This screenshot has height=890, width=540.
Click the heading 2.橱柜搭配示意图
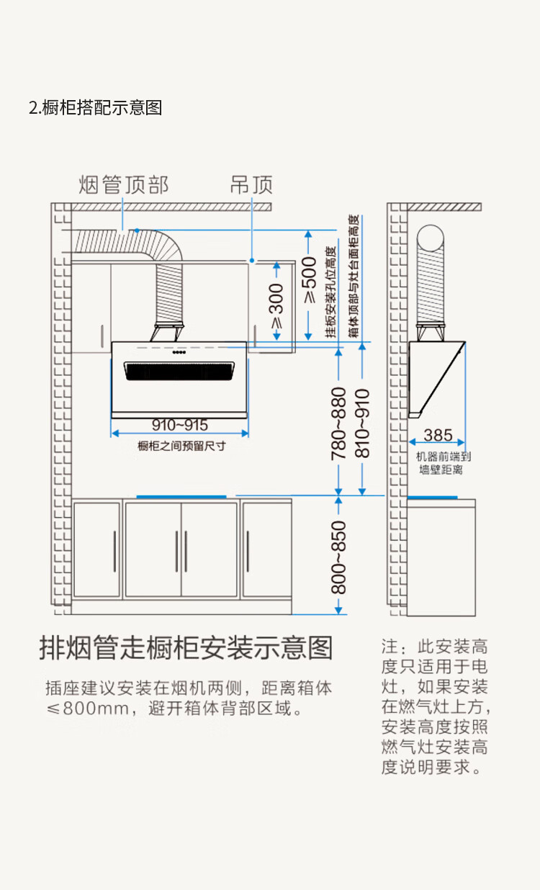click(95, 108)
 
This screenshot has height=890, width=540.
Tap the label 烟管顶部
click(123, 185)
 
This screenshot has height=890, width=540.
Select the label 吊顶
click(251, 185)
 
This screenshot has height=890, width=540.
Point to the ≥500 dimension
click(310, 281)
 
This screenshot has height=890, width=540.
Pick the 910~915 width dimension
click(179, 425)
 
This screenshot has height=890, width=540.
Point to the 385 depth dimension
click(438, 435)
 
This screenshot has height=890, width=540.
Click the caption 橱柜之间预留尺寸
click(181, 446)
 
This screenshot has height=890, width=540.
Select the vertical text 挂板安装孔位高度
click(330, 292)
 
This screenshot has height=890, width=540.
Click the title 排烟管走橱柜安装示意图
click(186, 648)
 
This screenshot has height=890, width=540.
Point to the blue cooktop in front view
click(181, 496)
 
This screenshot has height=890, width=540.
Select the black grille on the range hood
click(181, 371)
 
